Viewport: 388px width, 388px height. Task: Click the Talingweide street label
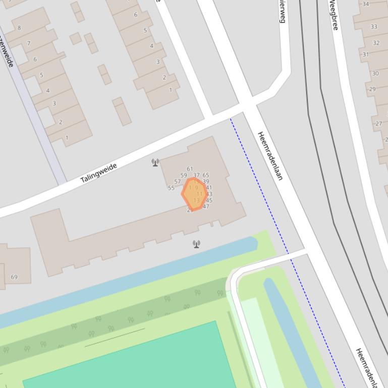tap(99, 172)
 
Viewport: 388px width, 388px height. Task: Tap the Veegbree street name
tap(334, 15)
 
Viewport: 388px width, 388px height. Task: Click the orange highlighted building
tap(194, 193)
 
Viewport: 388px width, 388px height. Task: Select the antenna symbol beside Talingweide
tap(155, 162)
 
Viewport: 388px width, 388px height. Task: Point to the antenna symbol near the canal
tap(196, 244)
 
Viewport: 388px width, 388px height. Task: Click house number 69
tap(14, 277)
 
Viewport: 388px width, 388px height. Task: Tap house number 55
tap(171, 188)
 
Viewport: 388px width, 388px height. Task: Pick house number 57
tap(177, 181)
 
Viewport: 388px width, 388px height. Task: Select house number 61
tap(190, 169)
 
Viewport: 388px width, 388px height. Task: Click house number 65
tap(206, 175)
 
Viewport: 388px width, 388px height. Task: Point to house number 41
tap(209, 187)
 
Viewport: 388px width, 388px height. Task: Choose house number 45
tap(209, 200)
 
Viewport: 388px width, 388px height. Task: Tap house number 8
tap(19, 28)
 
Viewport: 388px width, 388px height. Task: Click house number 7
tap(29, 43)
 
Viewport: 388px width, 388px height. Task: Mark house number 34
tap(365, 4)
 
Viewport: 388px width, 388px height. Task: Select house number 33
tap(374, 27)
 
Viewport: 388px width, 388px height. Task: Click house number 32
tap(376, 43)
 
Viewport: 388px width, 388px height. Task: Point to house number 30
tap(375, 73)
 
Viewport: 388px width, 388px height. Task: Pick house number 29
tap(372, 89)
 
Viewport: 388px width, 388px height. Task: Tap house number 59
tap(184, 175)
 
